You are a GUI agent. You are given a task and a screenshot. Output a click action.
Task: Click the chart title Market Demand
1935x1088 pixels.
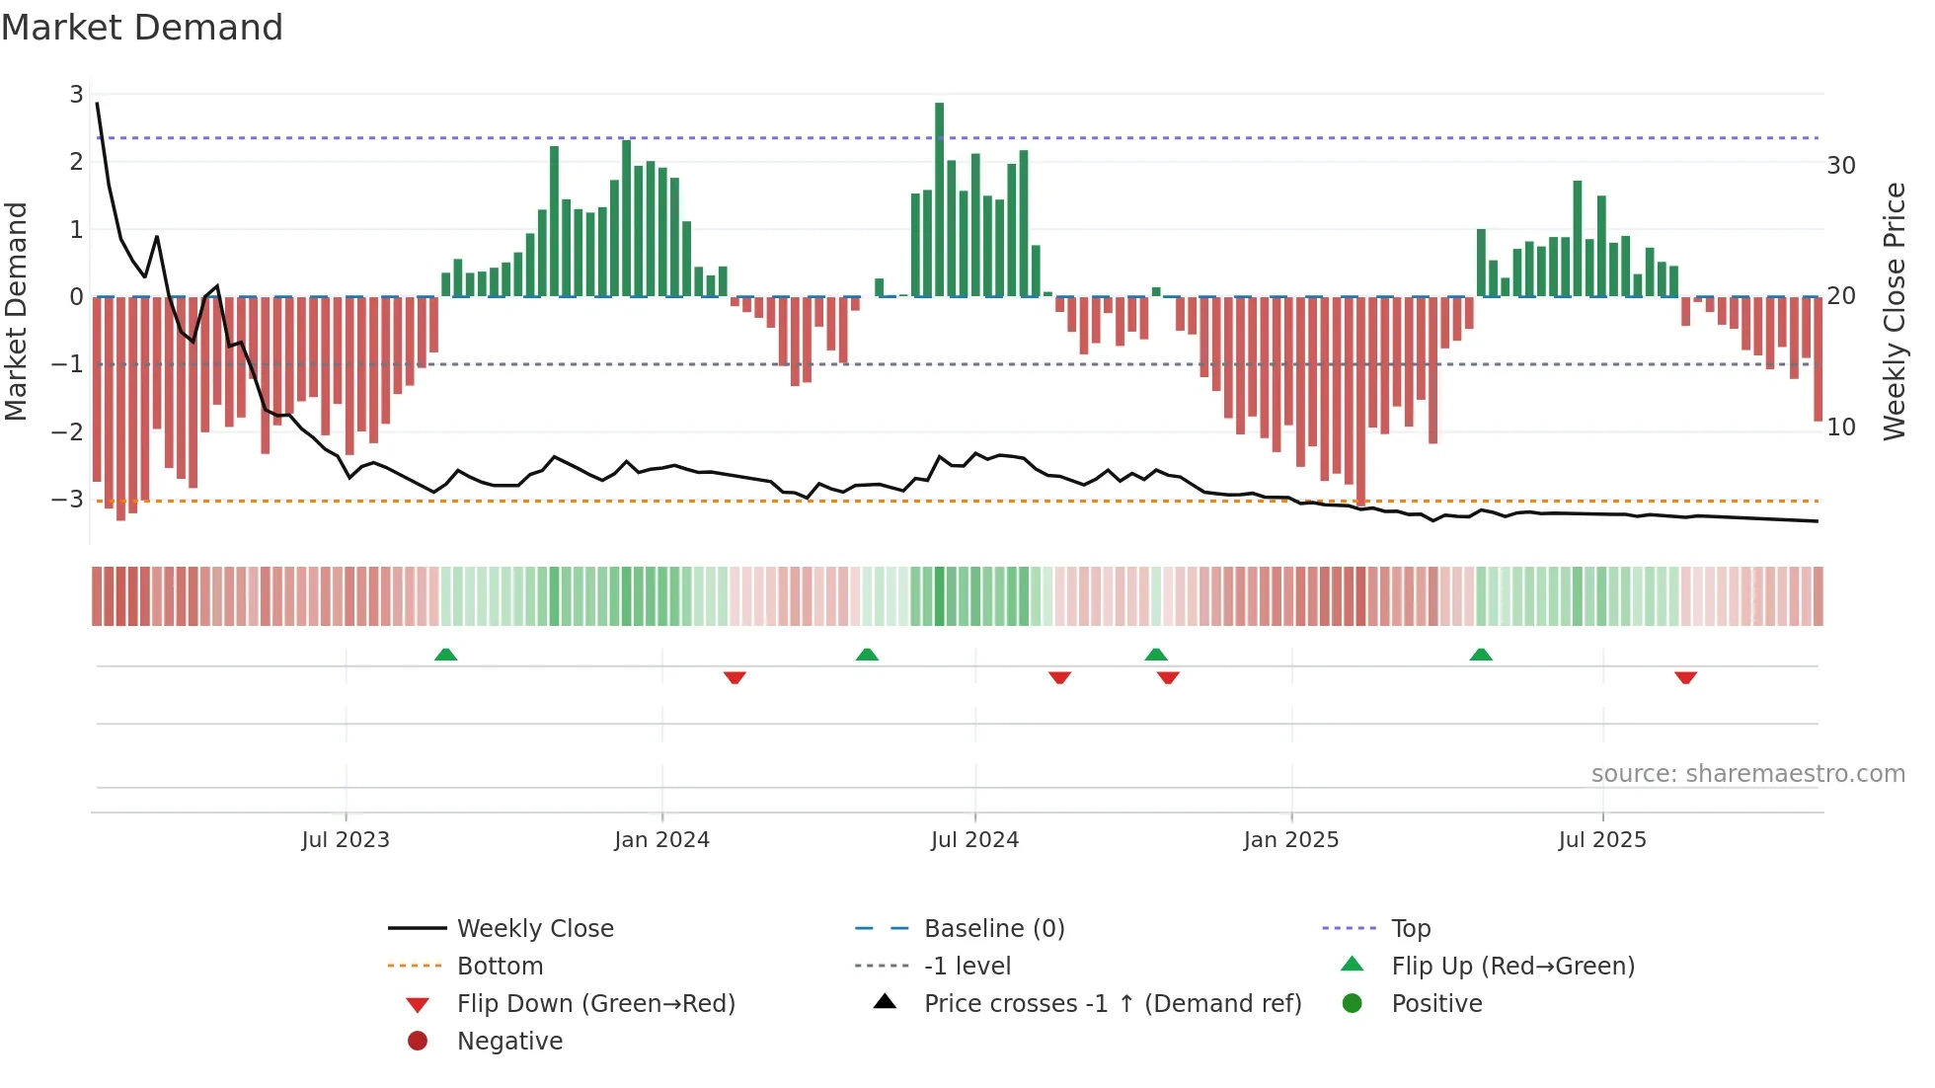tap(142, 28)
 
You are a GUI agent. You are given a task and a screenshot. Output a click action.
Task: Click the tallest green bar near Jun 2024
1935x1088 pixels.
tap(939, 197)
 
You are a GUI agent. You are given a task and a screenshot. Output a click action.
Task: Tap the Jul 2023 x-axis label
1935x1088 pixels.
tap(346, 840)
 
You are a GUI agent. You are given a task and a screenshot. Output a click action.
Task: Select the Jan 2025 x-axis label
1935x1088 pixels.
tap(1290, 840)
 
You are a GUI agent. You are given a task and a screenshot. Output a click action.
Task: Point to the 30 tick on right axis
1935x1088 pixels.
tap(1840, 166)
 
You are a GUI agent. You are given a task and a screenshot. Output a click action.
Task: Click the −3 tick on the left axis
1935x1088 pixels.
tap(68, 499)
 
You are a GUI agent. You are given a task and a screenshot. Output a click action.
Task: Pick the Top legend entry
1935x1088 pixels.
tap(1410, 929)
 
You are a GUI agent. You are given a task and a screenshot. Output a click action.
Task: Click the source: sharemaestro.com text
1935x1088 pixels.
tap(1747, 774)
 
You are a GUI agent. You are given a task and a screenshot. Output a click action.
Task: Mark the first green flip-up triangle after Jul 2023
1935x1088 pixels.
tap(446, 655)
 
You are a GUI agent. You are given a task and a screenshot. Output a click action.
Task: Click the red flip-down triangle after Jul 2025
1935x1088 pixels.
tap(1685, 677)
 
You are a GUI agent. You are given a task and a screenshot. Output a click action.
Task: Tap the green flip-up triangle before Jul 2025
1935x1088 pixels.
tap(1481, 655)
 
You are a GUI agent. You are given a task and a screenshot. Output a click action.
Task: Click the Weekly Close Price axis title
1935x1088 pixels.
tap(1894, 311)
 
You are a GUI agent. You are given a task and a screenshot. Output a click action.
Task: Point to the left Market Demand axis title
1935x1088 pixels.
tap(16, 311)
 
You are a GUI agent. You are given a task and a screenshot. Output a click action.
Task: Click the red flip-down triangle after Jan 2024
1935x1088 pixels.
tap(735, 677)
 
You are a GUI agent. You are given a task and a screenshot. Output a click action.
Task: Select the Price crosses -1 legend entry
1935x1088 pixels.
tap(1112, 1004)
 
